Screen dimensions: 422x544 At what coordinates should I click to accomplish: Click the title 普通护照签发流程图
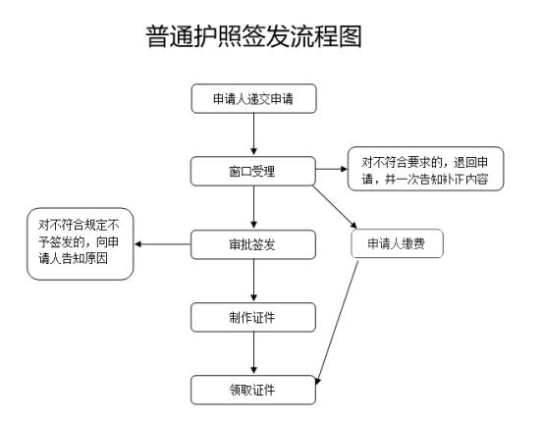[266, 36]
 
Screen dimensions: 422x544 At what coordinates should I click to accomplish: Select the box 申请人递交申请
[253, 99]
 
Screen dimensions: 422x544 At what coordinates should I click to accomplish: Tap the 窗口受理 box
[253, 170]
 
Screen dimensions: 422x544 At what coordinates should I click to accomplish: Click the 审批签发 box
[253, 243]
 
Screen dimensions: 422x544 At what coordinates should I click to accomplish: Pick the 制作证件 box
[253, 316]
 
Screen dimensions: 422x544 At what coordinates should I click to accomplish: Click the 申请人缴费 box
[398, 243]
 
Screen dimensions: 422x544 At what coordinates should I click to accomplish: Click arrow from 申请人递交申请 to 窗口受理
[253, 133]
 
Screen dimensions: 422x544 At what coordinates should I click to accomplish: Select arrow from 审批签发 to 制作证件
[253, 280]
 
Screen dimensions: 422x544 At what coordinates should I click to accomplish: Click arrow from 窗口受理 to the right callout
[332, 170]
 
